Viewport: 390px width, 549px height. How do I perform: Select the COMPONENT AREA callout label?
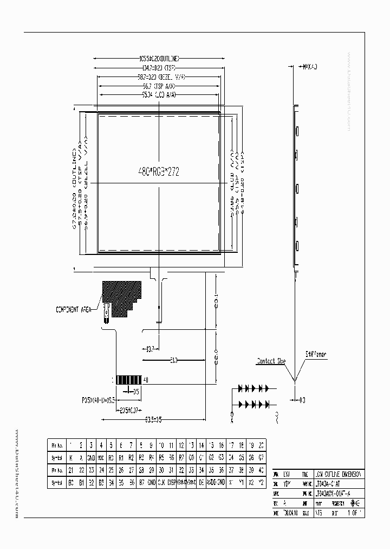74,310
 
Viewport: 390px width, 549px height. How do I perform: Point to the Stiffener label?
315,354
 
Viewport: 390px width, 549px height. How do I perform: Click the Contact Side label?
271,361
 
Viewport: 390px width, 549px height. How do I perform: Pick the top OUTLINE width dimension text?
159,59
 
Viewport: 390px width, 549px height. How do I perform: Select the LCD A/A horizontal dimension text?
159,94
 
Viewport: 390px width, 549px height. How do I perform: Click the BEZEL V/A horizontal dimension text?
159,77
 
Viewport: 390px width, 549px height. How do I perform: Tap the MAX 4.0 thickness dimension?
308,67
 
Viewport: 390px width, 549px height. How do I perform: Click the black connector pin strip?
129,379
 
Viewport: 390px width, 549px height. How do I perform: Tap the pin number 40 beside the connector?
145,379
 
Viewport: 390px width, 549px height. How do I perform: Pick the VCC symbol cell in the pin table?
101,457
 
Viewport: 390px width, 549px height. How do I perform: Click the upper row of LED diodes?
253,388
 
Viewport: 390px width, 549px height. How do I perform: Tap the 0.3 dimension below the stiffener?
302,400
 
